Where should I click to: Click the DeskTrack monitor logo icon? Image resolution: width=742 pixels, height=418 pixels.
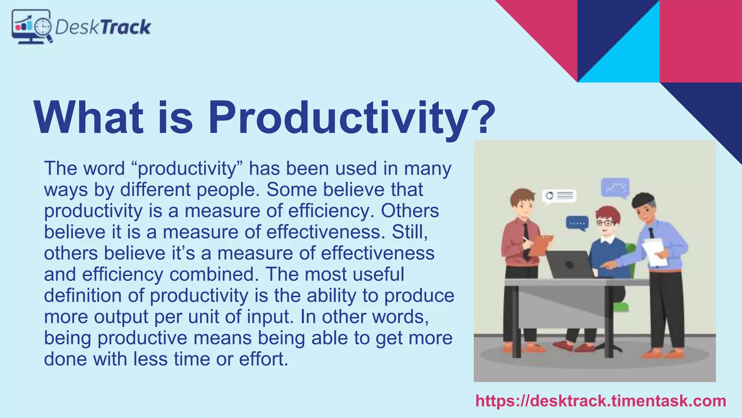click(x=32, y=26)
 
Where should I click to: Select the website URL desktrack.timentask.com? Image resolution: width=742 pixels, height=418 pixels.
click(x=601, y=401)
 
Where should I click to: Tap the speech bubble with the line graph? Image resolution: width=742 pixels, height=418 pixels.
click(x=615, y=188)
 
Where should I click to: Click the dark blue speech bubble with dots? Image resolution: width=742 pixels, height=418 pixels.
click(x=577, y=223)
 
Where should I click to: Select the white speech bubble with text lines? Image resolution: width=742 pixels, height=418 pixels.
click(x=559, y=196)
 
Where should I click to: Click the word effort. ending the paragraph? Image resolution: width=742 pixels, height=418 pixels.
click(x=263, y=359)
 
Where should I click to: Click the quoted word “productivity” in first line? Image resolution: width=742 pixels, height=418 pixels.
click(x=187, y=169)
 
